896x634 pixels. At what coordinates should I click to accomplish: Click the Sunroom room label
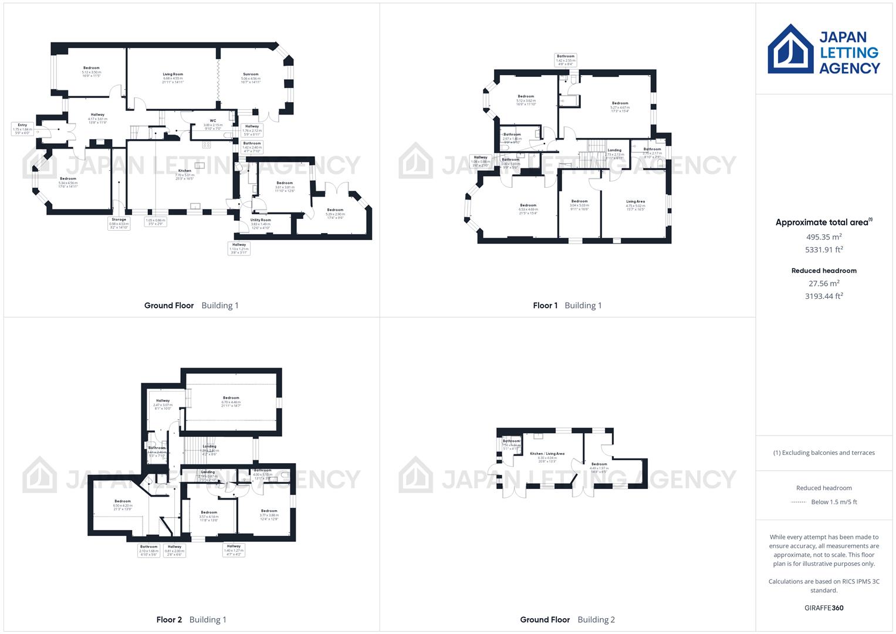[251, 75]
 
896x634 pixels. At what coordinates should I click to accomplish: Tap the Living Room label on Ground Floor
[173, 75]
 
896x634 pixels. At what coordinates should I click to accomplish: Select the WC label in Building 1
[213, 121]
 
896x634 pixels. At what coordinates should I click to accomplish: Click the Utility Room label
[261, 220]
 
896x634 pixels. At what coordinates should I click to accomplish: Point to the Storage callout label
[119, 222]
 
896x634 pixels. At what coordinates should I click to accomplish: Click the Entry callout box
[22, 129]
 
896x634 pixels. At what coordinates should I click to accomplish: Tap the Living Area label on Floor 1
[635, 202]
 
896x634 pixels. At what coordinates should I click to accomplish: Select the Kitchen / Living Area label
[547, 454]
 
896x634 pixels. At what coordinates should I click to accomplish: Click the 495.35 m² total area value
[824, 237]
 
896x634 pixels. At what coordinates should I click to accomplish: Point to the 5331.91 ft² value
[824, 249]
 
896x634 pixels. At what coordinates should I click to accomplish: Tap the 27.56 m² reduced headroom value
[824, 284]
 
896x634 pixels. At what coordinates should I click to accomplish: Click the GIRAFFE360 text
[824, 608]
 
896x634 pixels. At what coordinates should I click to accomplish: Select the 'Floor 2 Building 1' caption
[191, 620]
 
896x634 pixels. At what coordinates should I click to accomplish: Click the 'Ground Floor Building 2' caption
[567, 620]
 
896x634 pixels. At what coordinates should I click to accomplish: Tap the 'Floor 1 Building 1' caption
[567, 306]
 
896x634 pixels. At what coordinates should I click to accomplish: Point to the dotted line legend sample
[799, 503]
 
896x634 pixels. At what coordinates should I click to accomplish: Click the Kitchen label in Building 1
[185, 171]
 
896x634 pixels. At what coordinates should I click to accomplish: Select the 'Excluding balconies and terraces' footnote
[824, 453]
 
